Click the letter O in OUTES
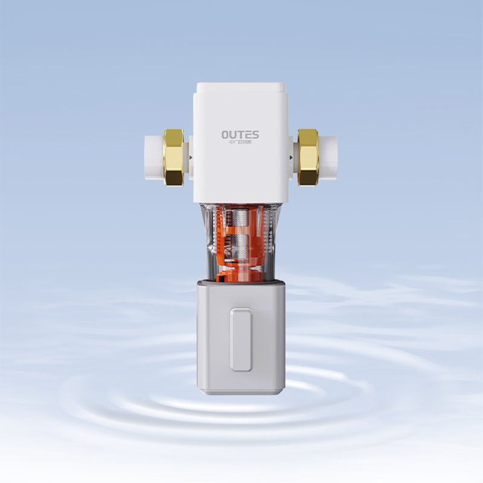click(x=225, y=133)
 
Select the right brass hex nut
click(x=309, y=156)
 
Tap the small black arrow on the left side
click(x=191, y=158)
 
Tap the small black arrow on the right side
click(x=292, y=158)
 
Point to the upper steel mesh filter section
click(x=241, y=219)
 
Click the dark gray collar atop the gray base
click(x=241, y=283)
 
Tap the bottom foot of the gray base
click(x=241, y=392)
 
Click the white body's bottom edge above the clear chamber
click(x=241, y=200)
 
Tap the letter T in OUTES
click(x=241, y=133)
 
